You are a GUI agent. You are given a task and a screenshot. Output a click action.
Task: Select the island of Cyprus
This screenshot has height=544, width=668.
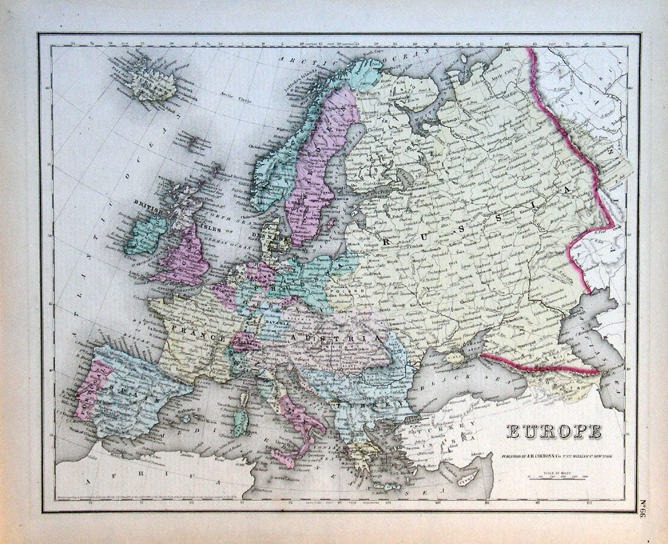click(464, 478)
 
